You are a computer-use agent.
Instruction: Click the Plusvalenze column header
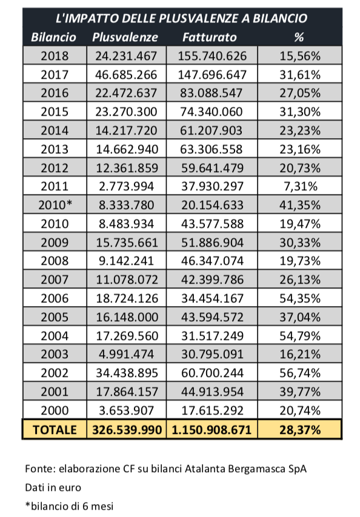click(x=125, y=37)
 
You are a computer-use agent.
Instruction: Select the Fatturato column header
click(x=210, y=37)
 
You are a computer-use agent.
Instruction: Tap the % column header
click(x=299, y=37)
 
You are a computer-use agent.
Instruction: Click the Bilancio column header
click(x=54, y=37)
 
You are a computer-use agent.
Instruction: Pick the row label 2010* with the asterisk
click(x=55, y=205)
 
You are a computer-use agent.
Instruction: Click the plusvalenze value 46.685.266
click(x=126, y=75)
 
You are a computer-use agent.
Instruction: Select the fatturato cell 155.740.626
click(x=212, y=56)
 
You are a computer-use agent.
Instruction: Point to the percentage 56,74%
click(x=300, y=373)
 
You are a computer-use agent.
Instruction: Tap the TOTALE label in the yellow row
click(x=55, y=430)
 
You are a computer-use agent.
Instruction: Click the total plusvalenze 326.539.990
click(x=127, y=430)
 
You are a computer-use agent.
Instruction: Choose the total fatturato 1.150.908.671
click(x=212, y=430)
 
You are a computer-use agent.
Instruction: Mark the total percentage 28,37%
click(x=300, y=430)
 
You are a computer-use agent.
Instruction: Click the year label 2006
click(x=55, y=298)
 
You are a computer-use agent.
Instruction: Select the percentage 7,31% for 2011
click(x=301, y=187)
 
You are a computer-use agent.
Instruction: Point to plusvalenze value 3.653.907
click(x=127, y=410)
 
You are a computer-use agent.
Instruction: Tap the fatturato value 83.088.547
click(x=212, y=93)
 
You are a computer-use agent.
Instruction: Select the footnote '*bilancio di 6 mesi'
click(x=69, y=506)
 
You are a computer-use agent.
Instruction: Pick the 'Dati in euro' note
click(x=53, y=487)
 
